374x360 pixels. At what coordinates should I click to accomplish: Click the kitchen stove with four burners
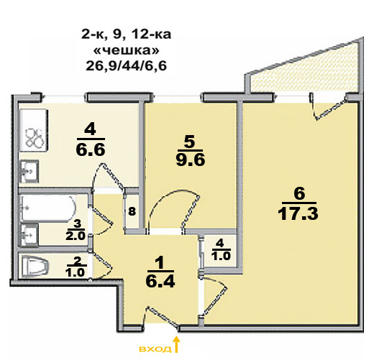click(34, 131)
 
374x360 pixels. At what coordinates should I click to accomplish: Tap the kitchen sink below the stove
click(29, 172)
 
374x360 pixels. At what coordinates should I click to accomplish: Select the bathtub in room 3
click(49, 208)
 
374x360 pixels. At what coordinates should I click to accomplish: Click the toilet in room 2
click(35, 267)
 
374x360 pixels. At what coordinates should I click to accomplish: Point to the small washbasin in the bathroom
click(29, 235)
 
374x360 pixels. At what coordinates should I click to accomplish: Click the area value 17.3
click(298, 213)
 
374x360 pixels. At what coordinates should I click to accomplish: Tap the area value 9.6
click(191, 160)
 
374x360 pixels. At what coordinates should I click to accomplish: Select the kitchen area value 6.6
click(91, 149)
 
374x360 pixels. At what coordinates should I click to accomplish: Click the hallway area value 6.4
click(160, 282)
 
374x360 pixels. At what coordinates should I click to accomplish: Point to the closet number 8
click(132, 211)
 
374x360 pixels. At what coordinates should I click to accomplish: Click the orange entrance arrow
click(177, 344)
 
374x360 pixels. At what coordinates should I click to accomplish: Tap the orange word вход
click(155, 349)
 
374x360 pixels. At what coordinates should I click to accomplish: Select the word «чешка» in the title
click(127, 50)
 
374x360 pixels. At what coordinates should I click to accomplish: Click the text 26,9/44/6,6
click(126, 65)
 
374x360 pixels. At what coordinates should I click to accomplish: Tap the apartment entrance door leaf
click(163, 317)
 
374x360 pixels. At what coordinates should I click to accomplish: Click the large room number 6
click(299, 193)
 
